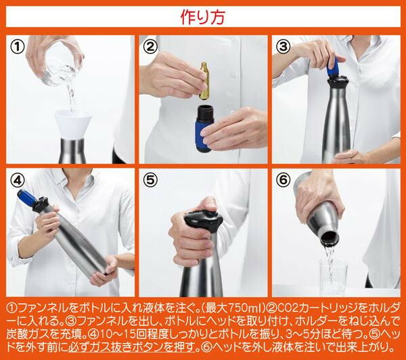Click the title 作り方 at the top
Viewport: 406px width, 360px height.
(x=203, y=17)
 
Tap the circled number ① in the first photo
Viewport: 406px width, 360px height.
(x=17, y=47)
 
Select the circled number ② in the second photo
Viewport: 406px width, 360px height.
(x=150, y=47)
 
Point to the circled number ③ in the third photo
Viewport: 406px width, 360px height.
(x=284, y=47)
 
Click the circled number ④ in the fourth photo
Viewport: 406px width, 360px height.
(x=17, y=180)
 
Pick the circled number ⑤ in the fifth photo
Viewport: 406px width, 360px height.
(x=150, y=180)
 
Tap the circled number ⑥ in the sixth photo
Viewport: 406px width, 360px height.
(x=284, y=180)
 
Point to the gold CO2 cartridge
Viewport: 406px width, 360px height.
(x=204, y=81)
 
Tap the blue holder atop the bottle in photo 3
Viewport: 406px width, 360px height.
(x=334, y=68)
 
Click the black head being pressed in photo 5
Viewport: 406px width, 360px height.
(x=204, y=221)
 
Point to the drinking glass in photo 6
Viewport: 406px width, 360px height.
(x=334, y=275)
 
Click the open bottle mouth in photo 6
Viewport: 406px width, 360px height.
(x=330, y=238)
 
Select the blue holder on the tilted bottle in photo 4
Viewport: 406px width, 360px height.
(x=28, y=198)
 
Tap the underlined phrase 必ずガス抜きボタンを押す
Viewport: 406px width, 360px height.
(x=131, y=346)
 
